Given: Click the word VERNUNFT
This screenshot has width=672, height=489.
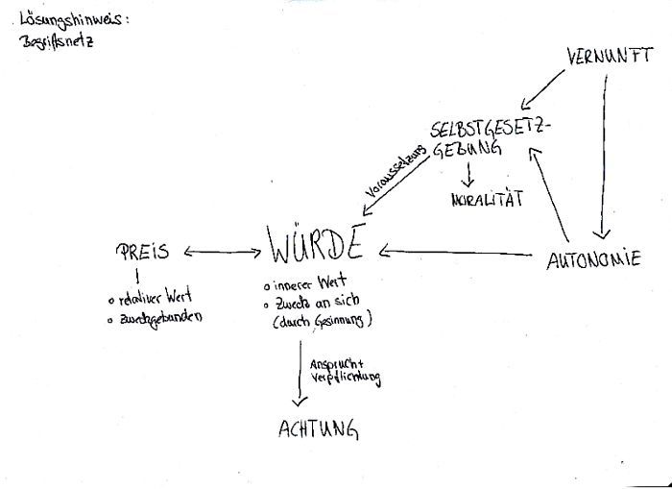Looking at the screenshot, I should pyautogui.click(x=604, y=57).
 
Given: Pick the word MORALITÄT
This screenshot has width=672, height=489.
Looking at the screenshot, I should pyautogui.click(x=486, y=201).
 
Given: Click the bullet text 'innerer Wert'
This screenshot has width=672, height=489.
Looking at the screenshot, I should pyautogui.click(x=305, y=285).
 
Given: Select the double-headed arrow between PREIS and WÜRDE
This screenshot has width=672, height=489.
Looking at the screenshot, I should pyautogui.click(x=221, y=253).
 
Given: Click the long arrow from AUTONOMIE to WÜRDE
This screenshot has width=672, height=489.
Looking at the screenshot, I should pyautogui.click(x=456, y=254).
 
